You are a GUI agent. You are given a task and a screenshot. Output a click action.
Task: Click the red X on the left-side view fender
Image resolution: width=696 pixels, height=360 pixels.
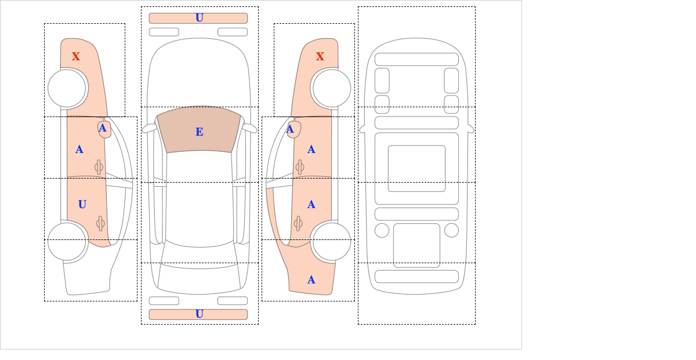click(x=76, y=57)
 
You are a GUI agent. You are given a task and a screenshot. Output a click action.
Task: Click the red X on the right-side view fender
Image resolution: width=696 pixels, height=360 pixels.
click(x=320, y=57)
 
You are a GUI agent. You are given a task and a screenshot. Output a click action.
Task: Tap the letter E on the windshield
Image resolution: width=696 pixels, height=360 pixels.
click(x=200, y=132)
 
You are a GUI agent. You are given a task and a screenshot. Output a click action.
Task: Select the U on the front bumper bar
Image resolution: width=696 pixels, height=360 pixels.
click(x=200, y=18)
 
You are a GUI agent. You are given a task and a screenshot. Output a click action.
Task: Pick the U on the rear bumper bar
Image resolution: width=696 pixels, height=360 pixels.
click(x=200, y=314)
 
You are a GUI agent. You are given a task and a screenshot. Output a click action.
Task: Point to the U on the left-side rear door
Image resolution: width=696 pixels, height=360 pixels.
click(x=82, y=205)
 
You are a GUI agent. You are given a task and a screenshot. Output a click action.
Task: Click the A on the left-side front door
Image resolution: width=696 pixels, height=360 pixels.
click(x=79, y=150)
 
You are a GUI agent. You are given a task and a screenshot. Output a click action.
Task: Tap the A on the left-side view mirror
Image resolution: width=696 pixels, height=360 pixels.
click(x=103, y=128)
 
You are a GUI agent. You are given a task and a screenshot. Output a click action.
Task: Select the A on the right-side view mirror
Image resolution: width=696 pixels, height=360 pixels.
click(x=290, y=129)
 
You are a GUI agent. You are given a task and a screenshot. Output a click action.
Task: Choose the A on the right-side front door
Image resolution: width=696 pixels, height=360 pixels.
click(x=311, y=150)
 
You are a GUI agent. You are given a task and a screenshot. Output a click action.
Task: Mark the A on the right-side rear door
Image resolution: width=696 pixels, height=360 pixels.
click(x=311, y=205)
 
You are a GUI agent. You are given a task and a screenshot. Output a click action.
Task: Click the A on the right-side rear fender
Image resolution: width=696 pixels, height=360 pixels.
click(x=311, y=280)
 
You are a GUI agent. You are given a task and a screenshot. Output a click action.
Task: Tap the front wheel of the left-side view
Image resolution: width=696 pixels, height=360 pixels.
click(x=67, y=89)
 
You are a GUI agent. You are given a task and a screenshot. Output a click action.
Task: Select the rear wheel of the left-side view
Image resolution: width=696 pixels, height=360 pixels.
click(x=67, y=241)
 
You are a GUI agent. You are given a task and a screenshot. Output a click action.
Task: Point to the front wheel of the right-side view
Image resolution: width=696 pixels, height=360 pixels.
click(x=332, y=89)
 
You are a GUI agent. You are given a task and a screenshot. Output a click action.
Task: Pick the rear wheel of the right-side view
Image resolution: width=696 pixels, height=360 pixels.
click(x=332, y=241)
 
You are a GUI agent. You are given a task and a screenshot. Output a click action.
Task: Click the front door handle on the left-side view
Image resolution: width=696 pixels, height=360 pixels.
click(x=99, y=168)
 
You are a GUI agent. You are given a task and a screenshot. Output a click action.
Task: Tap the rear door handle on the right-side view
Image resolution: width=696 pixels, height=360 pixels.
click(x=298, y=223)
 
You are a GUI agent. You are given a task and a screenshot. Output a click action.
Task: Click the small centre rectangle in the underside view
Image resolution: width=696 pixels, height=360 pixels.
click(x=416, y=169)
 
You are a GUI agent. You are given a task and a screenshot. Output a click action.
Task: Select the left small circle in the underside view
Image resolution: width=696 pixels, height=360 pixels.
click(x=382, y=231)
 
